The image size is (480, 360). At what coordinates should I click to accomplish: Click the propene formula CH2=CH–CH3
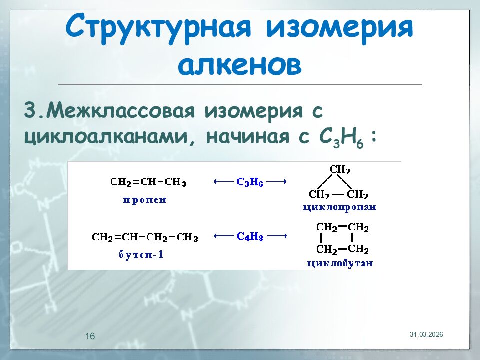(148, 183)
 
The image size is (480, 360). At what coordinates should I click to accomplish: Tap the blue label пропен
(145, 200)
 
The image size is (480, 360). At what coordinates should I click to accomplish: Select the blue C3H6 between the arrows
(250, 183)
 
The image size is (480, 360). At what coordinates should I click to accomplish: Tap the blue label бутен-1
(141, 255)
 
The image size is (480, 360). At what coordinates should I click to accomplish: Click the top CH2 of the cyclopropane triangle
(339, 170)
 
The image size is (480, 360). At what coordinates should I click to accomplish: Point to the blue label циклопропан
(339, 207)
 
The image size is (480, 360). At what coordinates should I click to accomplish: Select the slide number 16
(90, 336)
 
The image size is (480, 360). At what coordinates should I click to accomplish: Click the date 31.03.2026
(426, 334)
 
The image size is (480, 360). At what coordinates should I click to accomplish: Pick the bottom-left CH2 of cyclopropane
(319, 195)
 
